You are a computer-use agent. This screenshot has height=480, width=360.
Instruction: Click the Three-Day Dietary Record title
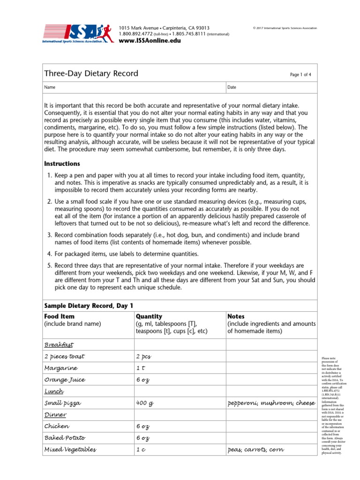91,74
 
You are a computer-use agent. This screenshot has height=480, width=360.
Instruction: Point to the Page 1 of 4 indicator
300,75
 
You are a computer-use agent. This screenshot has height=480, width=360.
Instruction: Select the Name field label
50,88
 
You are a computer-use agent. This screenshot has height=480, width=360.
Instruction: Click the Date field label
232,88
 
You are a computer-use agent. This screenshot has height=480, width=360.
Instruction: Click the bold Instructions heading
62,164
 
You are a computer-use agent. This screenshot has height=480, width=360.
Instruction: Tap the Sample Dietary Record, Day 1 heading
85,305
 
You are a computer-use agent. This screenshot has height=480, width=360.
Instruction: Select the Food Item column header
59,316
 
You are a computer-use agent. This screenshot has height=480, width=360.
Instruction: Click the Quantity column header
149,316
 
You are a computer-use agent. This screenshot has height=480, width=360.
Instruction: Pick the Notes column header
236,316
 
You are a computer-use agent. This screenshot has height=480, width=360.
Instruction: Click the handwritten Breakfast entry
59,345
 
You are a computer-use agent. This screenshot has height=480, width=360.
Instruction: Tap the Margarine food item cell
61,368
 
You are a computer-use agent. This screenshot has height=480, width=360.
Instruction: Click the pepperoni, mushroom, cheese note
271,403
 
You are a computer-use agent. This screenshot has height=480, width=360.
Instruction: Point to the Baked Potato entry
65,438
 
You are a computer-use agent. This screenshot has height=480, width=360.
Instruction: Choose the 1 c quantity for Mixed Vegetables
140,450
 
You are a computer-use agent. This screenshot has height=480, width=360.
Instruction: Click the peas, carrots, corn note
255,450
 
